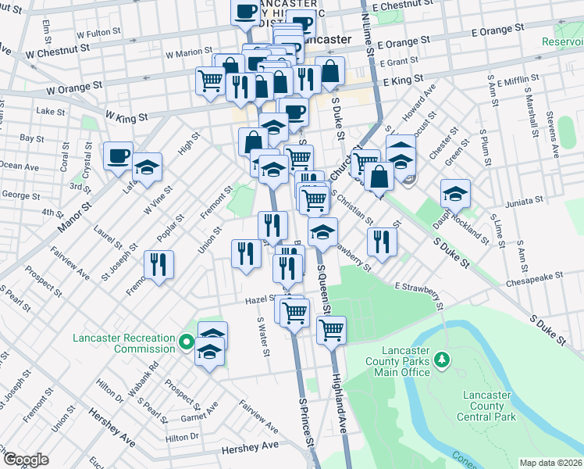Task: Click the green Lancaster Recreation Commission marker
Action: point(186,342)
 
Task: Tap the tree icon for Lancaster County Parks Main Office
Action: point(443,359)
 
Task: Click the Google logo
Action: point(26,460)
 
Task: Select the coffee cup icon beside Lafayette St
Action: point(119,156)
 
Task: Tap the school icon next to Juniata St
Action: point(455,192)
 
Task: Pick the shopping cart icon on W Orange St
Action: point(211,80)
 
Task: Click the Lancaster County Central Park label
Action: point(488,406)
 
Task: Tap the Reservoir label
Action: point(564,41)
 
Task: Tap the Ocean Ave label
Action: point(20,166)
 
